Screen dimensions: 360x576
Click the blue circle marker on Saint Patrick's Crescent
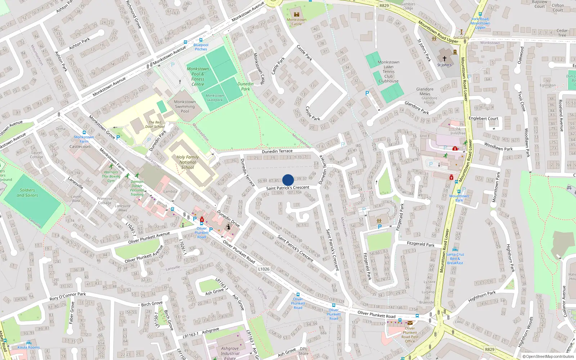288,180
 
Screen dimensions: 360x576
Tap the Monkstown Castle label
297,22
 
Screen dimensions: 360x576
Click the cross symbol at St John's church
445,58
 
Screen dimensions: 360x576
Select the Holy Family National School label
188,162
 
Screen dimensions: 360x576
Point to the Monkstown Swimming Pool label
185,106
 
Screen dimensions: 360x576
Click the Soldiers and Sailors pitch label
27,193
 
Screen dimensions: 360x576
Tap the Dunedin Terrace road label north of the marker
277,151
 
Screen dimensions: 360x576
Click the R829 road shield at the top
384,5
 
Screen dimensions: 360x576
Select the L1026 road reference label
264,269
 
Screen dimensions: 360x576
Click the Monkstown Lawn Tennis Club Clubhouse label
388,72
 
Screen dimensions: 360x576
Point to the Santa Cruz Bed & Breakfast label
455,258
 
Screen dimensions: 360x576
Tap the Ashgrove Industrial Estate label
230,353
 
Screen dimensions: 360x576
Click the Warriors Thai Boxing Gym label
111,176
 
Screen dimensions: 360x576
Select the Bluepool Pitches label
201,47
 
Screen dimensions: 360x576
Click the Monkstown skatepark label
215,98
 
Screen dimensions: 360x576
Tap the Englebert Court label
483,118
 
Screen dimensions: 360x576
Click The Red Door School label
155,124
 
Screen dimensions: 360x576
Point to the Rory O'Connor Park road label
68,297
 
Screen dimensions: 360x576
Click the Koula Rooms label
29,347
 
